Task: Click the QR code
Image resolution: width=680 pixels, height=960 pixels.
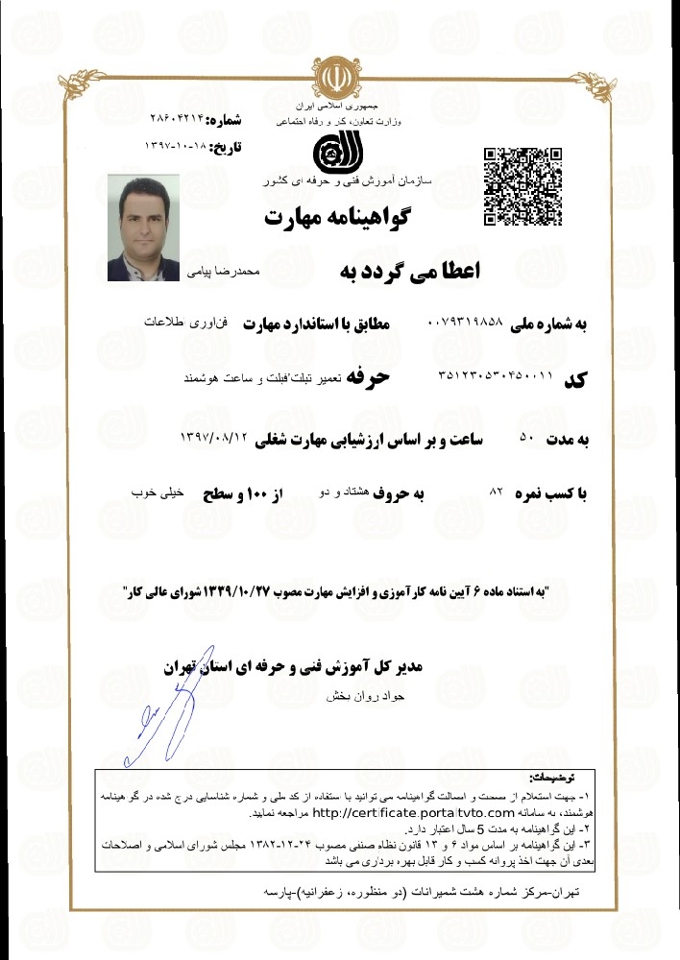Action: click(522, 185)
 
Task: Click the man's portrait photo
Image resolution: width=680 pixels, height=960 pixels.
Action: click(141, 228)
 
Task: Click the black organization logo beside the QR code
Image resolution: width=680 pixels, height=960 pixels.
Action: click(340, 153)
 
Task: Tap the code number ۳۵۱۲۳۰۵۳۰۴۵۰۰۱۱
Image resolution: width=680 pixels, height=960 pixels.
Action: click(495, 377)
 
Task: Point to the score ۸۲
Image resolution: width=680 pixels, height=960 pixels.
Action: click(497, 491)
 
